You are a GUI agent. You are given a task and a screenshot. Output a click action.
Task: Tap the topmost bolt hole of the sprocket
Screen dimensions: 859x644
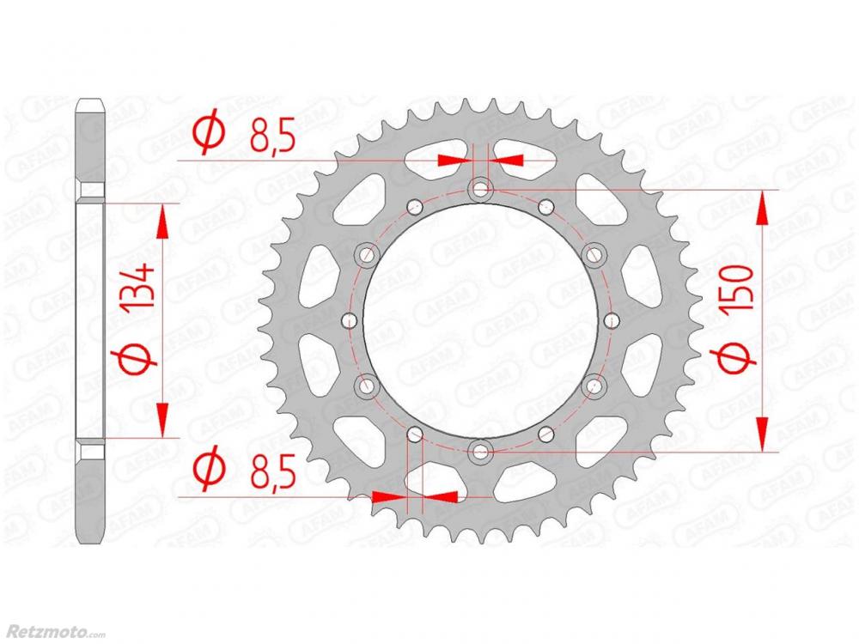(480, 190)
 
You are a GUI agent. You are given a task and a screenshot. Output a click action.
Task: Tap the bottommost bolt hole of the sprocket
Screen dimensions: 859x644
(481, 452)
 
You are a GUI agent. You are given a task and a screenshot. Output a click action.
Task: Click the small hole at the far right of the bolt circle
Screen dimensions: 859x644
(611, 319)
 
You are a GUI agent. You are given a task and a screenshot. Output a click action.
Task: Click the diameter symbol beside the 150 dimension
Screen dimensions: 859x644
(737, 358)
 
